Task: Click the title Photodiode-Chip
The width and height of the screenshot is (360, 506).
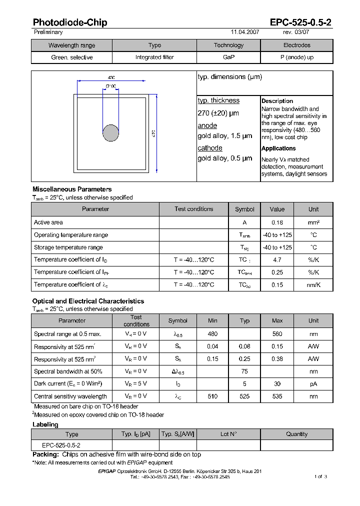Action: [x=69, y=22]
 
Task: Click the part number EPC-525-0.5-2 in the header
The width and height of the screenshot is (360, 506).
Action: [x=300, y=22]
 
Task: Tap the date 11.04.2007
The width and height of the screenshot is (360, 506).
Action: [x=244, y=32]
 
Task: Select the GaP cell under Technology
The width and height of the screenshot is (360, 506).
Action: [x=228, y=57]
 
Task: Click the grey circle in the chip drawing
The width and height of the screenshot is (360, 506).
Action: [x=110, y=133]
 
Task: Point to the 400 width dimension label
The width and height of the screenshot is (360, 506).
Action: [x=111, y=78]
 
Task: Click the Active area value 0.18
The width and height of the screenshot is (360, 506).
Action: [x=277, y=222]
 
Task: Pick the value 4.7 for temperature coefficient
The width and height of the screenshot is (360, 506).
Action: [x=277, y=260]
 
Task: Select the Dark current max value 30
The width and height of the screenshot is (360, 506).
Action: [x=277, y=383]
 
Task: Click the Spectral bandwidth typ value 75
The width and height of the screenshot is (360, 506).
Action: [x=244, y=371]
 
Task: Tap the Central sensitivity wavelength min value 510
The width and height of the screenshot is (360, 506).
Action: [x=212, y=396]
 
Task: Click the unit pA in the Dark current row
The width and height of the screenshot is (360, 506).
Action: [x=313, y=383]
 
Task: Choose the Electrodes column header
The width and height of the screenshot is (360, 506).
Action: [x=296, y=45]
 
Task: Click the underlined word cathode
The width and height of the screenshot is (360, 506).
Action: [x=210, y=148]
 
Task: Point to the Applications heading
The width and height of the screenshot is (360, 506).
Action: [x=278, y=148]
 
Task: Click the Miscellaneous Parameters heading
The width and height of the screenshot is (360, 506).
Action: [x=72, y=189]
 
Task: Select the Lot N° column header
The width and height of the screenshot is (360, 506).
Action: [x=228, y=434]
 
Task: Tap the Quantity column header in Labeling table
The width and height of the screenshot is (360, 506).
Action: [x=296, y=434]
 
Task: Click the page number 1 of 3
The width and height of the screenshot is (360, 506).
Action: [x=320, y=476]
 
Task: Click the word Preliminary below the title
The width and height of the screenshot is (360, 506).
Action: [x=48, y=32]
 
